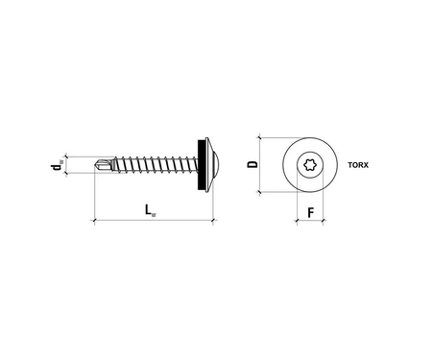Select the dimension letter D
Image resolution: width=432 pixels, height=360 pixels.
point(252,164)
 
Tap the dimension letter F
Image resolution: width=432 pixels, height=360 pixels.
point(310,211)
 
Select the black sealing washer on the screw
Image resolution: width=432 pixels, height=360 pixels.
point(203,164)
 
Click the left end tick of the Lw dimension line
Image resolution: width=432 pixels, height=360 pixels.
point(94,221)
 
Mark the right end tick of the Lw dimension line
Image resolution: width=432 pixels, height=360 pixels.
point(212,221)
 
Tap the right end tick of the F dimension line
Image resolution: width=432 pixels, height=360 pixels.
point(323,222)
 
